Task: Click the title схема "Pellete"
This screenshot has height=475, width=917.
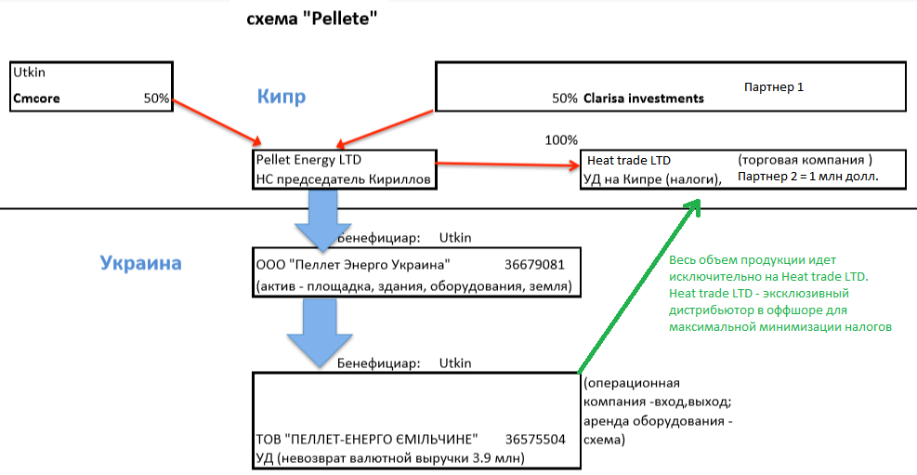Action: (311, 18)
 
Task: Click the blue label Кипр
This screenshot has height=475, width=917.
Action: (281, 96)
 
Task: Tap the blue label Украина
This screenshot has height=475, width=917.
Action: (140, 263)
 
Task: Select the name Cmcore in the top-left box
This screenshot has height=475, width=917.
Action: (35, 98)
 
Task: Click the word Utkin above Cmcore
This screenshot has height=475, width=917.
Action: (30, 71)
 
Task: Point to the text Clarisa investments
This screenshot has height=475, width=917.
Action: (643, 98)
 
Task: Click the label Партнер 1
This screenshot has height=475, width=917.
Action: (774, 86)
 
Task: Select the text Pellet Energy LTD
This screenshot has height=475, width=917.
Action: (308, 159)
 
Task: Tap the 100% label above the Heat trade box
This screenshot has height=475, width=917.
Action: (560, 139)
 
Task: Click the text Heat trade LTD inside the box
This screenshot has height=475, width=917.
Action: (628, 160)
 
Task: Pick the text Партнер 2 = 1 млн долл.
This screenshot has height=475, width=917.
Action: (808, 176)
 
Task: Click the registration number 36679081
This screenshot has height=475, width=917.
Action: (534, 262)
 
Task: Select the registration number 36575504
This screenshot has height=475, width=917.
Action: (535, 438)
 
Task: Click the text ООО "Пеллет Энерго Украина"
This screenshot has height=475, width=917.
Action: (353, 262)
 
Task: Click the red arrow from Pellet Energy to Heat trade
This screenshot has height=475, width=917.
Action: (506, 165)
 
